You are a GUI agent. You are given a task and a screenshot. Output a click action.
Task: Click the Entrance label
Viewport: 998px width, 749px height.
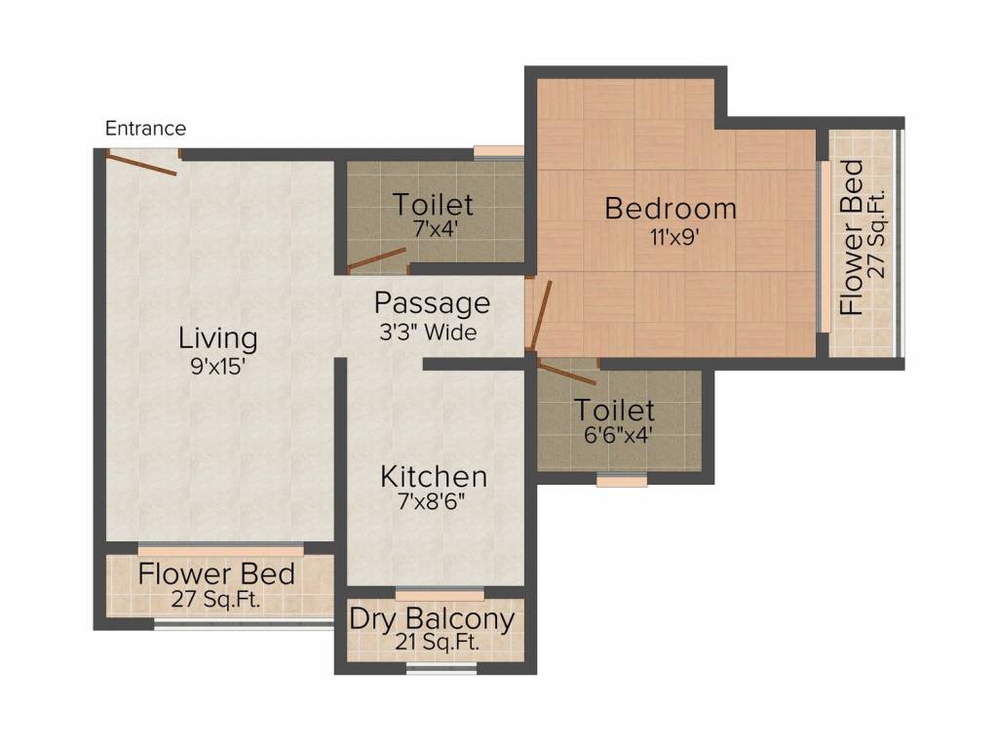click(145, 128)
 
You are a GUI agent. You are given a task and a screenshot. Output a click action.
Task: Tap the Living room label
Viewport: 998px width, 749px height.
click(217, 338)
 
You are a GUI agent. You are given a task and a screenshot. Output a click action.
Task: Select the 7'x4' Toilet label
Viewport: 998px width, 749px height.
click(433, 205)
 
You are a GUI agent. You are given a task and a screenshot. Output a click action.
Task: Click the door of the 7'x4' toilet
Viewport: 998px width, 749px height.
click(376, 258)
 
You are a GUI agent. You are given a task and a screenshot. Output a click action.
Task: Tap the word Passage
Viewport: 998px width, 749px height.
click(432, 302)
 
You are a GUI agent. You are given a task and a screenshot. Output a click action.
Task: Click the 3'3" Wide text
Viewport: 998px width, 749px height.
click(428, 332)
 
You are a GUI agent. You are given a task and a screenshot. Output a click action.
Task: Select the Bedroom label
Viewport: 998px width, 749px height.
click(671, 208)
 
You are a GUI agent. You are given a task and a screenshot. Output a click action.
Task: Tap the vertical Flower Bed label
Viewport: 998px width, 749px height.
click(851, 237)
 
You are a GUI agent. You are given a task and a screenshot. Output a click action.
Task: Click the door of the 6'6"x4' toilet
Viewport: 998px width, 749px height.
click(566, 371)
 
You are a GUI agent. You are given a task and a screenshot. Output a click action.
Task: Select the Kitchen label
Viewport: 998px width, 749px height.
click(433, 477)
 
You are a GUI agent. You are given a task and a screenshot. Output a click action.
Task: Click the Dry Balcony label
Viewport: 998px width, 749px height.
click(432, 618)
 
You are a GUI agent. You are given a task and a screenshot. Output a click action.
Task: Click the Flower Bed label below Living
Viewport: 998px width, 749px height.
click(216, 573)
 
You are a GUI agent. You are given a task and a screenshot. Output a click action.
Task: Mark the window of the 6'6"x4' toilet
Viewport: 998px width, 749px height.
click(622, 479)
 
